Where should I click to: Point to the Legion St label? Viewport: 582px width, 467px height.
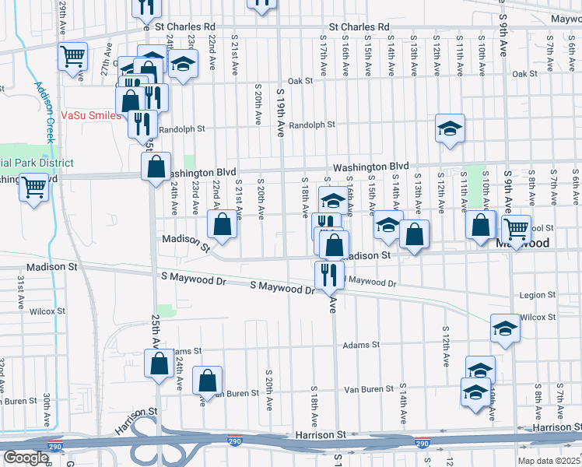(537, 296)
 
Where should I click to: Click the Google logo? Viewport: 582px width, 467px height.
(26, 457)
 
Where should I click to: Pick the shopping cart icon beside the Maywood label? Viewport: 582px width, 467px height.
(516, 228)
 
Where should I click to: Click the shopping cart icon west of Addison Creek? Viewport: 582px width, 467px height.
(34, 187)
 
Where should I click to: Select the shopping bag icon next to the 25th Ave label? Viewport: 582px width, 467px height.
(160, 363)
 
